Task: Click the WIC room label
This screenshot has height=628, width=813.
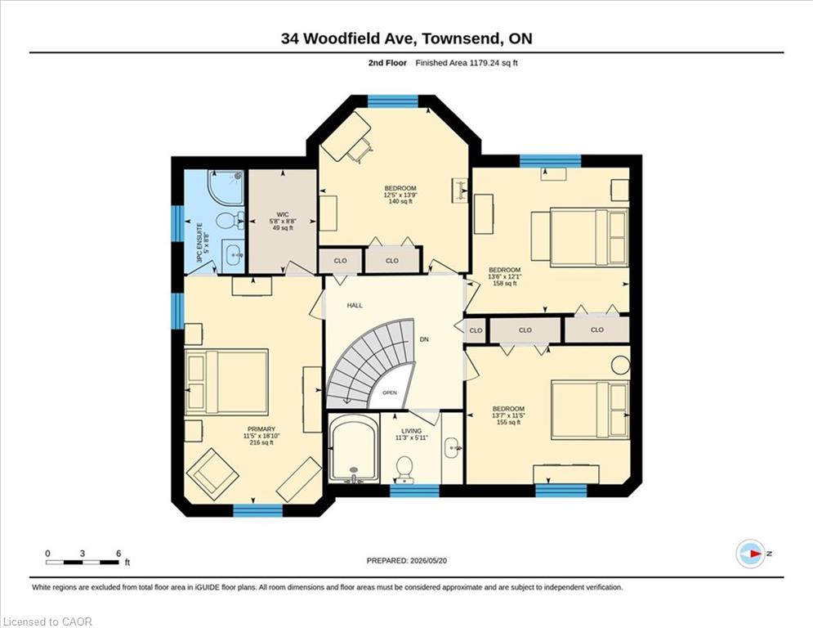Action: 283,214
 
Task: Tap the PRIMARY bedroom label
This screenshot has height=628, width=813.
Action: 261,429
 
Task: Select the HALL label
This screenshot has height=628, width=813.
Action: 355,306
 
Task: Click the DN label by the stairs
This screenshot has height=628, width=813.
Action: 424,339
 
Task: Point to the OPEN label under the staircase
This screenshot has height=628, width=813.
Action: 390,392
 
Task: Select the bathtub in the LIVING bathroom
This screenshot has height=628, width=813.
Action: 353,450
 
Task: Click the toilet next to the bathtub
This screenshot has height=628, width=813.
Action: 404,469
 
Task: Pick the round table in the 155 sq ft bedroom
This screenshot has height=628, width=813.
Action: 621,366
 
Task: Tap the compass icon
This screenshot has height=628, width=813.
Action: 751,554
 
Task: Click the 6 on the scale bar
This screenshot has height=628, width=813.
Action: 118,554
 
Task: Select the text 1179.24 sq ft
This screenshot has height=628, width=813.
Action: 494,63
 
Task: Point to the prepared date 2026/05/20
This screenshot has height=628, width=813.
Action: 428,560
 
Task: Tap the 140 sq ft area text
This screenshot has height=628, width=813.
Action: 400,201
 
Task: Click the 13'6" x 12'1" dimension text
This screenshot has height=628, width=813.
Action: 504,276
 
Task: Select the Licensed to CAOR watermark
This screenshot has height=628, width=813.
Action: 47,621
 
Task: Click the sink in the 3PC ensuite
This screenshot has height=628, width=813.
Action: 234,255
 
